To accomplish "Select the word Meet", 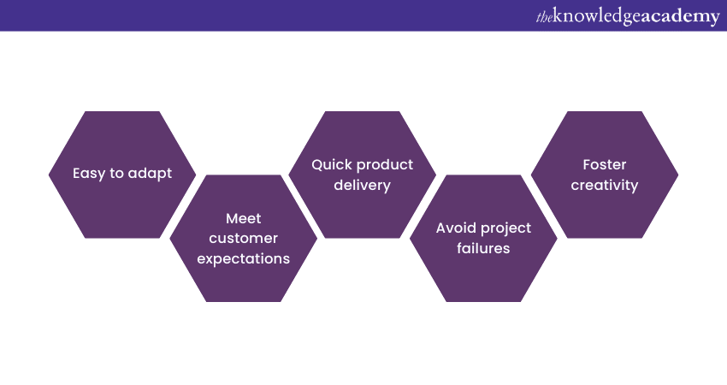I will [x=243, y=218].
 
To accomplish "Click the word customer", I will [x=243, y=238].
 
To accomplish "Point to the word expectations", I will [x=243, y=258].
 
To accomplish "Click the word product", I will [x=386, y=164].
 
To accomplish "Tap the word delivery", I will [x=362, y=185].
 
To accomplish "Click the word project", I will [x=507, y=228].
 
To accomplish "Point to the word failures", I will [x=482, y=248].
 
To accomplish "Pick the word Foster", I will [x=604, y=164].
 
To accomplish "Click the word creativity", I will [x=604, y=185].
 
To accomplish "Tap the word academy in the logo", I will [x=681, y=16].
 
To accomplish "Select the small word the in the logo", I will [x=543, y=17].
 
